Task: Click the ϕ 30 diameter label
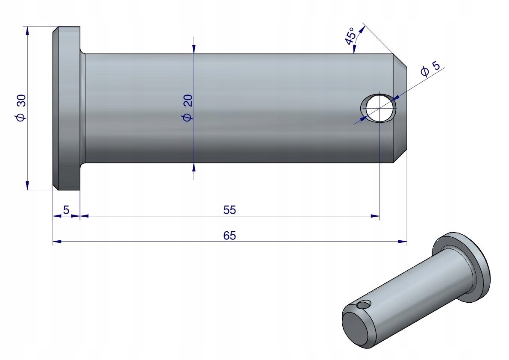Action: click(x=21, y=108)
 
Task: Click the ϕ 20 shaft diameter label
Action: click(x=188, y=108)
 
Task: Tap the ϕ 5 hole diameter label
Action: click(x=430, y=68)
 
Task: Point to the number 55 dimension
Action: click(x=229, y=210)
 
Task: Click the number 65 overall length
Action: click(x=229, y=236)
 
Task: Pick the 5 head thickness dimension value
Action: click(x=66, y=210)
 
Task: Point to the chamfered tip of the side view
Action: click(x=400, y=108)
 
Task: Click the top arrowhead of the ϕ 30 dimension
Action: click(x=27, y=31)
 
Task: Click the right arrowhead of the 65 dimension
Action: click(x=402, y=242)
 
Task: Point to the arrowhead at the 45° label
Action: click(x=363, y=29)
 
